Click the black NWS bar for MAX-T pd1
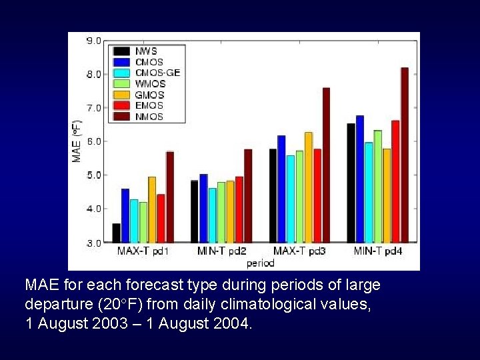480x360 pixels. [117, 233]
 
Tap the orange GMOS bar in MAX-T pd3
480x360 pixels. [308, 187]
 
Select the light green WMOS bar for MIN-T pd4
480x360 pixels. [377, 186]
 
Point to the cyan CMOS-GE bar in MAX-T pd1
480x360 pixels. [134, 221]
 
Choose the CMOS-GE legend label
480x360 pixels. [157, 73]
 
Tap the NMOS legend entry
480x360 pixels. [149, 116]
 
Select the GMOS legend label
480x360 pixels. [149, 95]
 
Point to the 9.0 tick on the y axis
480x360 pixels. [93, 41]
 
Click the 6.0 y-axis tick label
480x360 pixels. [93, 141]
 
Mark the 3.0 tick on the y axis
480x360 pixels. [93, 243]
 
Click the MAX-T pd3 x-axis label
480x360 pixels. [299, 251]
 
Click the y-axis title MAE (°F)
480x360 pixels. [77, 141]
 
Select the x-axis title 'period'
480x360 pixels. [260, 263]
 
